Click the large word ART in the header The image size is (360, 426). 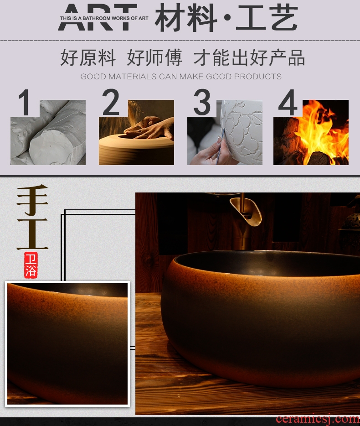(x=98, y=17)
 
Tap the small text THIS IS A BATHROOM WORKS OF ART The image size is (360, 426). (x=104, y=19)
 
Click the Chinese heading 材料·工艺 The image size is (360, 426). (x=226, y=18)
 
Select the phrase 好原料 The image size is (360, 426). (x=88, y=57)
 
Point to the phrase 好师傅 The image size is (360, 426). (x=154, y=57)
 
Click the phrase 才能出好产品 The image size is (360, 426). (x=249, y=57)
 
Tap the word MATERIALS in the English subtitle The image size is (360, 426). (x=133, y=77)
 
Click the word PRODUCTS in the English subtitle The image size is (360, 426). (x=257, y=77)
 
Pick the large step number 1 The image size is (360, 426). (x=25, y=103)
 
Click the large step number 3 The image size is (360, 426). (x=202, y=102)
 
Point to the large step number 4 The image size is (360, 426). (x=288, y=103)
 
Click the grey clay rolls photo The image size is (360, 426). (x=48, y=132)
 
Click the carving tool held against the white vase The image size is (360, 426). (x=220, y=147)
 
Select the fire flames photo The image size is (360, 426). (x=311, y=132)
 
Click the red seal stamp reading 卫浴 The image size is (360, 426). (x=31, y=265)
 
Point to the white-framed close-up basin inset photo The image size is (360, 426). (x=67, y=344)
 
